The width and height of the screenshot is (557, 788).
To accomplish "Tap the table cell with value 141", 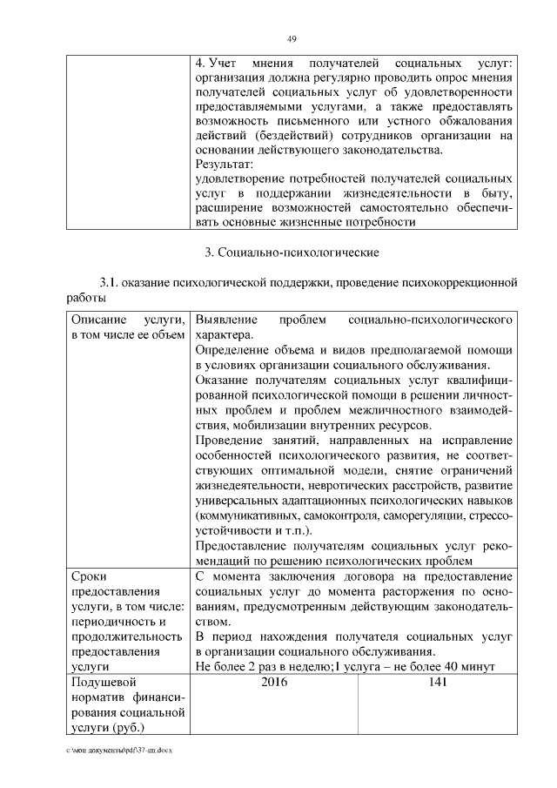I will pyautogui.click(x=438, y=682).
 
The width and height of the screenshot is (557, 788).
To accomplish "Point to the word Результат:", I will pyautogui.click(x=224, y=164).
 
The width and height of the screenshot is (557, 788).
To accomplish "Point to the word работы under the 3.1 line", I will pyautogui.click(x=87, y=298).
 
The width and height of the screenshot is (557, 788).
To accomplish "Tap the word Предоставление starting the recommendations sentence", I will pyautogui.click(x=242, y=546).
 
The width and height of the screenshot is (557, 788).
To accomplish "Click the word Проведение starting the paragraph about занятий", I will pyautogui.click(x=231, y=441).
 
